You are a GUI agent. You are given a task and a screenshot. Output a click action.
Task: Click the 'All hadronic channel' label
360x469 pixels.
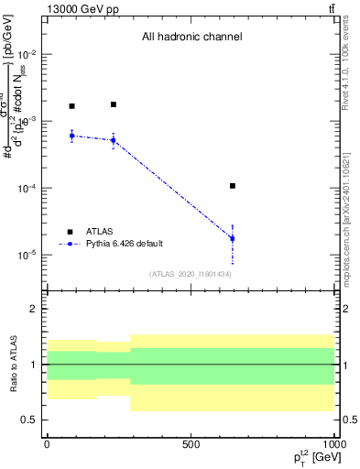pyautogui.click(x=191, y=38)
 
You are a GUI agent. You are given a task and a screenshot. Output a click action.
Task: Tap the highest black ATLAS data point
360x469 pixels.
pyautogui.click(x=114, y=104)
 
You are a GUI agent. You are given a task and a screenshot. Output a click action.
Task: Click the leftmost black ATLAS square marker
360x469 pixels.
pyautogui.click(x=71, y=106)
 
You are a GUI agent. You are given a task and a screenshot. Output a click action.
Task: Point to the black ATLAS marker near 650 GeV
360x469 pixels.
pyautogui.click(x=233, y=186)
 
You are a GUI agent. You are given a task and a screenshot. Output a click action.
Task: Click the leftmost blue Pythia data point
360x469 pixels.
pyautogui.click(x=71, y=136)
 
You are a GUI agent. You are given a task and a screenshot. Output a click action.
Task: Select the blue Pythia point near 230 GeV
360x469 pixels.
pyautogui.click(x=114, y=140)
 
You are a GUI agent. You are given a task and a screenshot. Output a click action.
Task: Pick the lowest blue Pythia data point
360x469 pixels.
pyautogui.click(x=233, y=238)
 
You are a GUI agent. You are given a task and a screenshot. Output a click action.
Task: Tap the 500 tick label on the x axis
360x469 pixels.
pyautogui.click(x=191, y=443)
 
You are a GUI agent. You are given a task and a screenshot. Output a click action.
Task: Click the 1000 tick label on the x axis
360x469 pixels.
pyautogui.click(x=333, y=443)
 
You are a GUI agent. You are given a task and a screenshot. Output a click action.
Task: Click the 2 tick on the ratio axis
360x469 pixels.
pyautogui.click(x=35, y=310)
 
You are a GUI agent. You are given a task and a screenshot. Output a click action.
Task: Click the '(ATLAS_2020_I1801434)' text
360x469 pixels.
pyautogui.click(x=191, y=274)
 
